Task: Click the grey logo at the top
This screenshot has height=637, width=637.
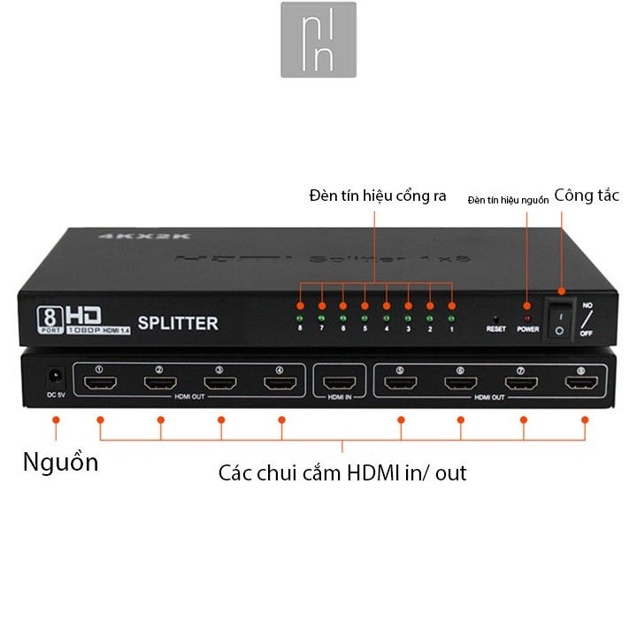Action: pyautogui.click(x=318, y=39)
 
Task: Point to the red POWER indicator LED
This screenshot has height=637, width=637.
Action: pyautogui.click(x=528, y=316)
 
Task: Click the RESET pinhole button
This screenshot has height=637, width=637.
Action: pyautogui.click(x=495, y=316)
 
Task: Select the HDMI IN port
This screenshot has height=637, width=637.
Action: pyautogui.click(x=340, y=383)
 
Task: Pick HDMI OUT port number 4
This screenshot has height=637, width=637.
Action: pyautogui.click(x=280, y=383)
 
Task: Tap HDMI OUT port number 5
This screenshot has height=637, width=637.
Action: pyautogui.click(x=400, y=383)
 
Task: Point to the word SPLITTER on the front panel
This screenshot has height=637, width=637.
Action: pyautogui.click(x=178, y=324)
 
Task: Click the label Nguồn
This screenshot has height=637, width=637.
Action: pyautogui.click(x=60, y=462)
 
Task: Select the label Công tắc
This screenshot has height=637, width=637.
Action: pyautogui.click(x=587, y=196)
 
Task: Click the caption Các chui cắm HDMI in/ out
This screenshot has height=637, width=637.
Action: pyautogui.click(x=342, y=473)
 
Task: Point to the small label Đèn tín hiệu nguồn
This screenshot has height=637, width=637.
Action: pyautogui.click(x=507, y=200)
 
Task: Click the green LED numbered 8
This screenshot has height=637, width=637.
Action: pyautogui.click(x=300, y=316)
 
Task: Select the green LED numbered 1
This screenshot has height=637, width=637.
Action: pyautogui.click(x=451, y=316)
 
